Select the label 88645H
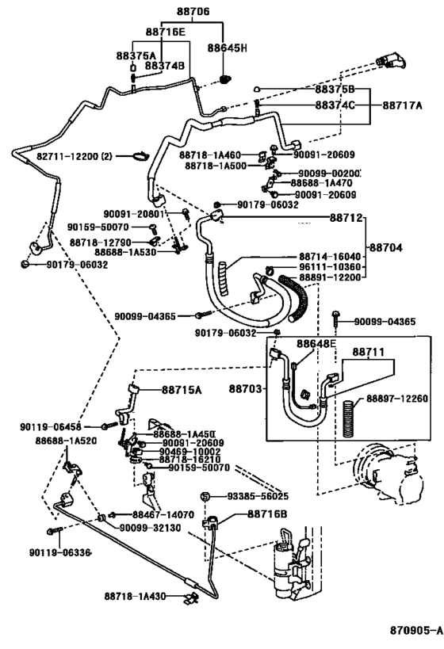(228, 48)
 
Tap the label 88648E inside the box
(316, 343)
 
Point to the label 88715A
(182, 389)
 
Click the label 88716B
(268, 514)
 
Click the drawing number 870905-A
(414, 630)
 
